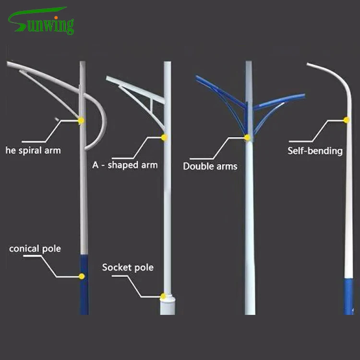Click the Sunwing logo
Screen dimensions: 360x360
pyautogui.click(x=41, y=22)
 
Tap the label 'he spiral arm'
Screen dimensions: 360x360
pyautogui.click(x=33, y=150)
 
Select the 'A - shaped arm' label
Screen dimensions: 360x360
pyautogui.click(x=125, y=165)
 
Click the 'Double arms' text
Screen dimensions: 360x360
pyautogui.click(x=210, y=166)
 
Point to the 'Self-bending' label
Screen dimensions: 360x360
pyautogui.click(x=315, y=150)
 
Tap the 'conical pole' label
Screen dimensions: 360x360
pyautogui.click(x=35, y=249)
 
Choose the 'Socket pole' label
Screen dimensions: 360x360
pyautogui.click(x=128, y=267)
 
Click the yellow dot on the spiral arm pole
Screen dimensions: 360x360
pyautogui.click(x=81, y=120)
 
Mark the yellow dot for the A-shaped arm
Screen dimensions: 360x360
pyautogui.click(x=164, y=138)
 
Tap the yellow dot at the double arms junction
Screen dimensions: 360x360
pyautogui.click(x=247, y=138)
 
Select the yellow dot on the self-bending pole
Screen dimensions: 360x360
pyautogui.click(x=347, y=120)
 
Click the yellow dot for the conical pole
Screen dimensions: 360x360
pyautogui.click(x=82, y=276)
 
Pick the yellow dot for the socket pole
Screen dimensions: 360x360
pyautogui.click(x=164, y=296)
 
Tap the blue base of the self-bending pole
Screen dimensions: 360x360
pyautogui.click(x=349, y=295)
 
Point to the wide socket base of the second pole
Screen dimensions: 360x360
pyautogui.click(x=168, y=306)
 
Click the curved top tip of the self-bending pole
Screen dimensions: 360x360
pyautogui.click(x=312, y=65)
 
